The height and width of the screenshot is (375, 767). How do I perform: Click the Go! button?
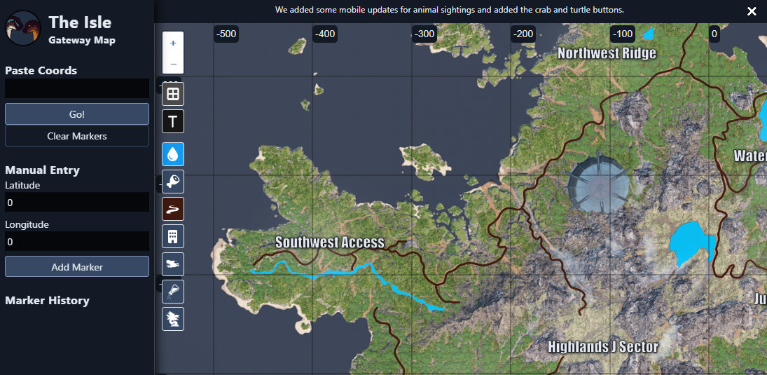tap(77, 114)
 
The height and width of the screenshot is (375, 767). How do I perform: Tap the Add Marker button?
tap(77, 266)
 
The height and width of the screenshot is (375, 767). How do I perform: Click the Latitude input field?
tap(77, 202)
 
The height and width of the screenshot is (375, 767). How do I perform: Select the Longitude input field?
tap(77, 241)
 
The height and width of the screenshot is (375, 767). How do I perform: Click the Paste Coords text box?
tap(77, 88)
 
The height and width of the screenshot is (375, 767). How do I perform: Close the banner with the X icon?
tap(752, 11)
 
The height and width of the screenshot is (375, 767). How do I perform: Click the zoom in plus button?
tap(173, 43)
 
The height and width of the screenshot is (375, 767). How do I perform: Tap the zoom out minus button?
tap(173, 64)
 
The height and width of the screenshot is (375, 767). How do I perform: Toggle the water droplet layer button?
tap(173, 154)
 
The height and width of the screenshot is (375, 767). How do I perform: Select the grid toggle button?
tap(173, 94)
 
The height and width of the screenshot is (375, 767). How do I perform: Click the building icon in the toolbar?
tap(173, 236)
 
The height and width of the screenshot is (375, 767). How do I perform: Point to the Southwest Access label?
tap(329, 243)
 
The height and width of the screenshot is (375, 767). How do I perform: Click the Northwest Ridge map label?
tap(607, 53)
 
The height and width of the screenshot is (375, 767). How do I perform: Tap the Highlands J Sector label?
tap(602, 346)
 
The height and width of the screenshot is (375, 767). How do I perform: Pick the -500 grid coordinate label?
tap(226, 34)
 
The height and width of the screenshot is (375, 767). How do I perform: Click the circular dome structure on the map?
tap(598, 184)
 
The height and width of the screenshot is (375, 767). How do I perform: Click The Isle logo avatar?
tap(22, 28)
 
